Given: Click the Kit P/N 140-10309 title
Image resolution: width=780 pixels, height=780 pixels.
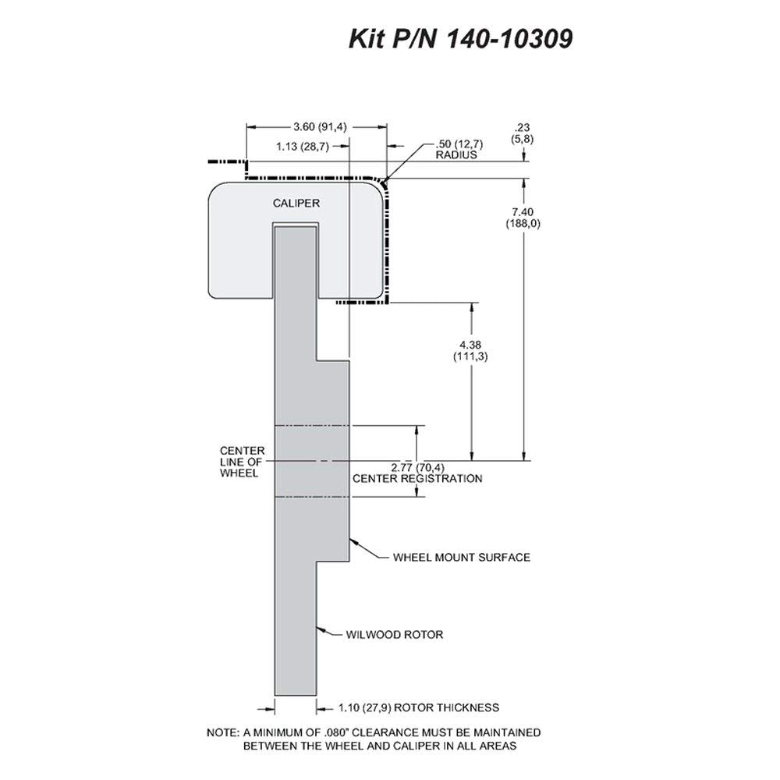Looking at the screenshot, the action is [461, 39].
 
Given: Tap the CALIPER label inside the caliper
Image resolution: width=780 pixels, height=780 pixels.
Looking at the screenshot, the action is [296, 203].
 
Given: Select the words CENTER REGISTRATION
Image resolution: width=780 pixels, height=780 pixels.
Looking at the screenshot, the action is [417, 479].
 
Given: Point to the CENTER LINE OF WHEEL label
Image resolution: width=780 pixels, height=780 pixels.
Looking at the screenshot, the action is [243, 462].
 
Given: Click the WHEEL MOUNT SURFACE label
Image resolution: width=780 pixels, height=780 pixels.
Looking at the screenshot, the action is [462, 557].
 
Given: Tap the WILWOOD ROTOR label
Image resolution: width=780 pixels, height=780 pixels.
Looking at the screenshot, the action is [395, 635].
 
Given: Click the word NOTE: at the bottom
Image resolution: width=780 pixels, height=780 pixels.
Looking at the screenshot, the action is [223, 732].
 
